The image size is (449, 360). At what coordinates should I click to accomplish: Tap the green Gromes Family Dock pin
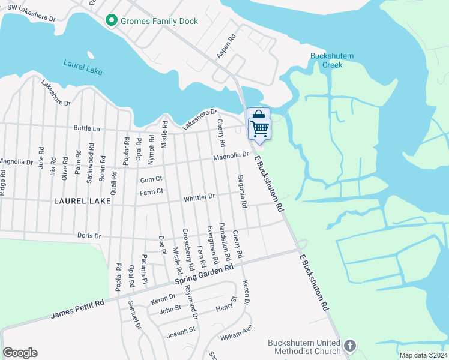coord(110,21)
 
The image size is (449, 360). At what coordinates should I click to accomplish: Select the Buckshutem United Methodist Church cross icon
coord(350,346)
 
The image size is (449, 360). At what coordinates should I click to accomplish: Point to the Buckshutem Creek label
coord(331,60)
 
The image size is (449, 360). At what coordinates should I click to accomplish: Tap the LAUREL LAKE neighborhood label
coord(83,201)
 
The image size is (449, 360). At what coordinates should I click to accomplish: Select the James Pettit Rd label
coord(77,309)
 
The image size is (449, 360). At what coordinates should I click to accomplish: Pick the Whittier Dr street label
coord(199,197)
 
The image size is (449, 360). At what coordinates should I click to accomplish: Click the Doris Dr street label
coord(89,235)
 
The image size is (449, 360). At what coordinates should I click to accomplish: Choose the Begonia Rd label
coord(241,191)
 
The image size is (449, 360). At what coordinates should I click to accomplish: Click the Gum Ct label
coord(151,179)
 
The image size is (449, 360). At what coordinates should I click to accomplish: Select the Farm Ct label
coord(151,192)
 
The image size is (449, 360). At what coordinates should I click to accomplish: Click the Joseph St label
coord(181,330)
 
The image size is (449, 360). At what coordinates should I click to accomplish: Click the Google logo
coord(20,353)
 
